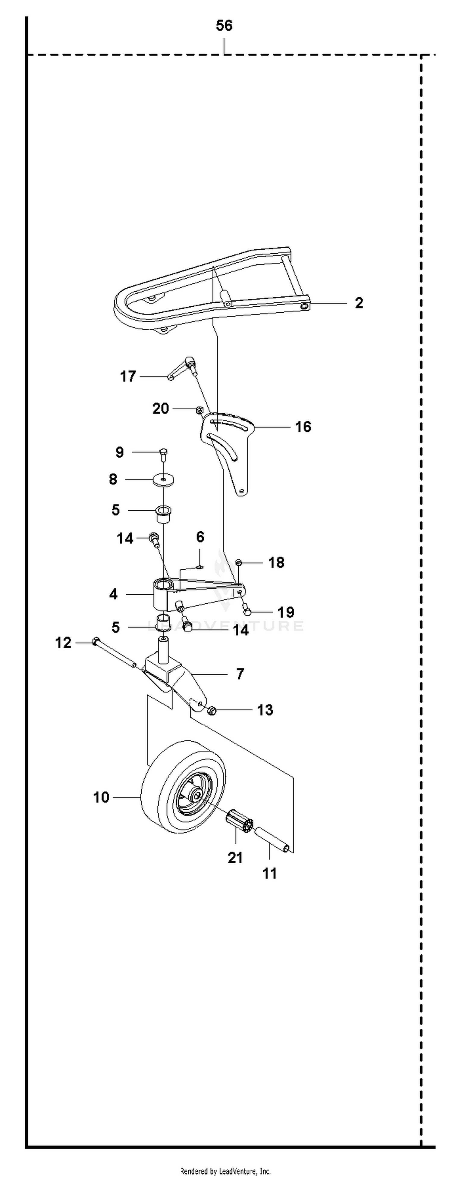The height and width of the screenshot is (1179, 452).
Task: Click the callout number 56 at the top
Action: pyautogui.click(x=224, y=26)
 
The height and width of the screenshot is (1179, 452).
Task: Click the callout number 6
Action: pyautogui.click(x=200, y=536)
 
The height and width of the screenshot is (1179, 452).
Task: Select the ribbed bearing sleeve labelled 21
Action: pyautogui.click(x=240, y=821)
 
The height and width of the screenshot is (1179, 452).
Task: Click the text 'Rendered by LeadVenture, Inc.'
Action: pyautogui.click(x=225, y=1171)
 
